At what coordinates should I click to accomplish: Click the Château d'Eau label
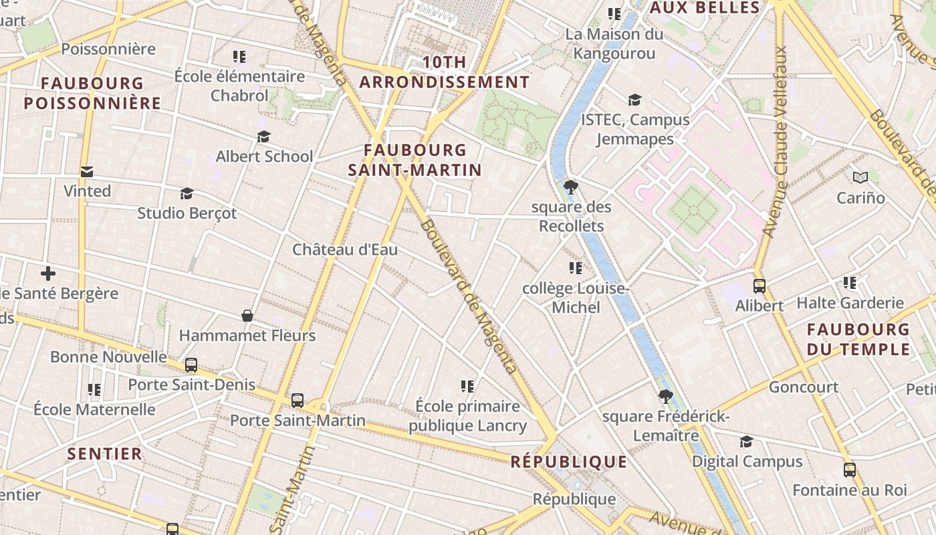(x=345, y=249)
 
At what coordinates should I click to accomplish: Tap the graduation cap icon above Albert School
(x=263, y=136)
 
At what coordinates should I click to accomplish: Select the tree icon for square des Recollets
(x=570, y=187)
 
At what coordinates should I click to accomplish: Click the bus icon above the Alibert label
(x=759, y=286)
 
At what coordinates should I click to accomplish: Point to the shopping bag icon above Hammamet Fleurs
(x=247, y=315)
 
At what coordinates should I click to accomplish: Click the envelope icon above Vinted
(x=87, y=172)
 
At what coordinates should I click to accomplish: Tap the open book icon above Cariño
(x=860, y=177)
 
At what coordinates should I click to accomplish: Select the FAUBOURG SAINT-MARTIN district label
(x=415, y=160)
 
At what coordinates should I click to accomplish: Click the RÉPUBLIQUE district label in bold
(x=569, y=461)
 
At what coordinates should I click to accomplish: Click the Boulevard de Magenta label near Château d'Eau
(x=468, y=294)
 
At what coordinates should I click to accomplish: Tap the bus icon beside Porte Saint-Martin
(x=298, y=400)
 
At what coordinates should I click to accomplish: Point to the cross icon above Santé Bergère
(x=47, y=274)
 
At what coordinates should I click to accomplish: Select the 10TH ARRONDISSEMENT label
(x=445, y=72)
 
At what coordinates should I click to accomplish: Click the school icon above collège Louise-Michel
(x=575, y=268)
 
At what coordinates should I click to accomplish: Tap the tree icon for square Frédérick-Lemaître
(x=665, y=397)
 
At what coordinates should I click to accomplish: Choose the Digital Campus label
(x=747, y=461)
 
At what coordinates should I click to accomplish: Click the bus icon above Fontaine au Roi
(x=849, y=469)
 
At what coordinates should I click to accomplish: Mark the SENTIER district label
(x=105, y=453)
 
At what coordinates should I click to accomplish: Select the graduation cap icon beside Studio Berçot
(x=187, y=193)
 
